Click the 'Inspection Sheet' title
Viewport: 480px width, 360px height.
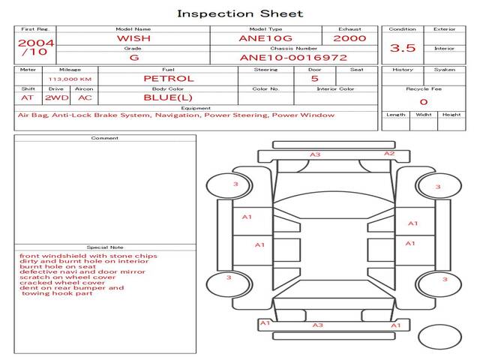[x=240, y=13]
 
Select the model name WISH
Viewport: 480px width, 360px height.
[x=133, y=38]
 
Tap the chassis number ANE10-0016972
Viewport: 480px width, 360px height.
[x=293, y=57]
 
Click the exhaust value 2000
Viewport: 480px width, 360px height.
[x=349, y=38]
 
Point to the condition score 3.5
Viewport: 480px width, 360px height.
[x=403, y=48]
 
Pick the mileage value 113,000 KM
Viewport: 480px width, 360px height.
[x=70, y=79]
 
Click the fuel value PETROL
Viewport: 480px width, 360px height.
[x=168, y=78]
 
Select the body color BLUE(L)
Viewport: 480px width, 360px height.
[x=168, y=97]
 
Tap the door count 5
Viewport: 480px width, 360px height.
[x=314, y=78]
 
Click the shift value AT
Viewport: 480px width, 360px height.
[x=28, y=97]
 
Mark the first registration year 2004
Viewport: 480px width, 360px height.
[x=35, y=43]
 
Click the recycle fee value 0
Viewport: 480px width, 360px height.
[x=423, y=101]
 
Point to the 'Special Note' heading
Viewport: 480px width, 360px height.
[x=105, y=247]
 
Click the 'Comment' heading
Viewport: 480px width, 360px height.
[x=105, y=138]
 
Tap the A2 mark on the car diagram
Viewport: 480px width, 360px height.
[x=389, y=154]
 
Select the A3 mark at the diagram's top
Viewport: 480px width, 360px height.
[x=316, y=154]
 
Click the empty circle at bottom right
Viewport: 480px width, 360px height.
[x=440, y=337]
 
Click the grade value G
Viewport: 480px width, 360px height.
[x=133, y=57]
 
